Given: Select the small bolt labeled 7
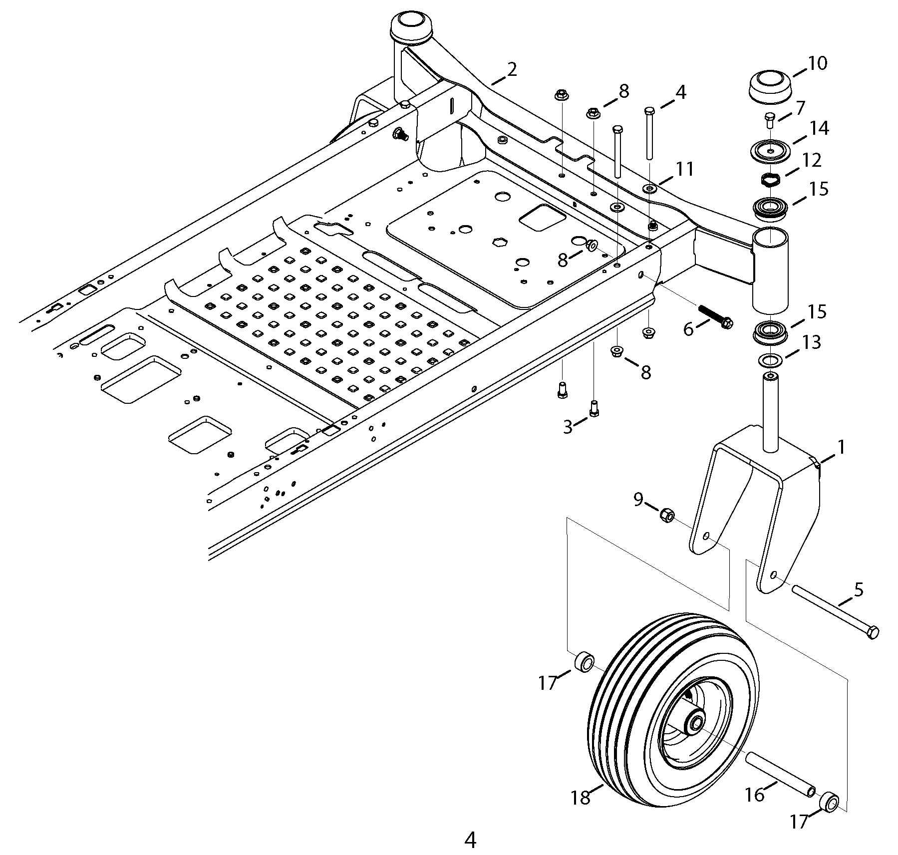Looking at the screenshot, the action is (769, 120).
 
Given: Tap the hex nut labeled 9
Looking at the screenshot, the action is (667, 514).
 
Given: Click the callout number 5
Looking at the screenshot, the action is (858, 589).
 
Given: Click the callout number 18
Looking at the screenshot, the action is (582, 798).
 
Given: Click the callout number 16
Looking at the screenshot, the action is (754, 795).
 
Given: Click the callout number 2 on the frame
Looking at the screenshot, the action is (512, 69).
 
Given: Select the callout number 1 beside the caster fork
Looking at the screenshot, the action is (841, 447).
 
